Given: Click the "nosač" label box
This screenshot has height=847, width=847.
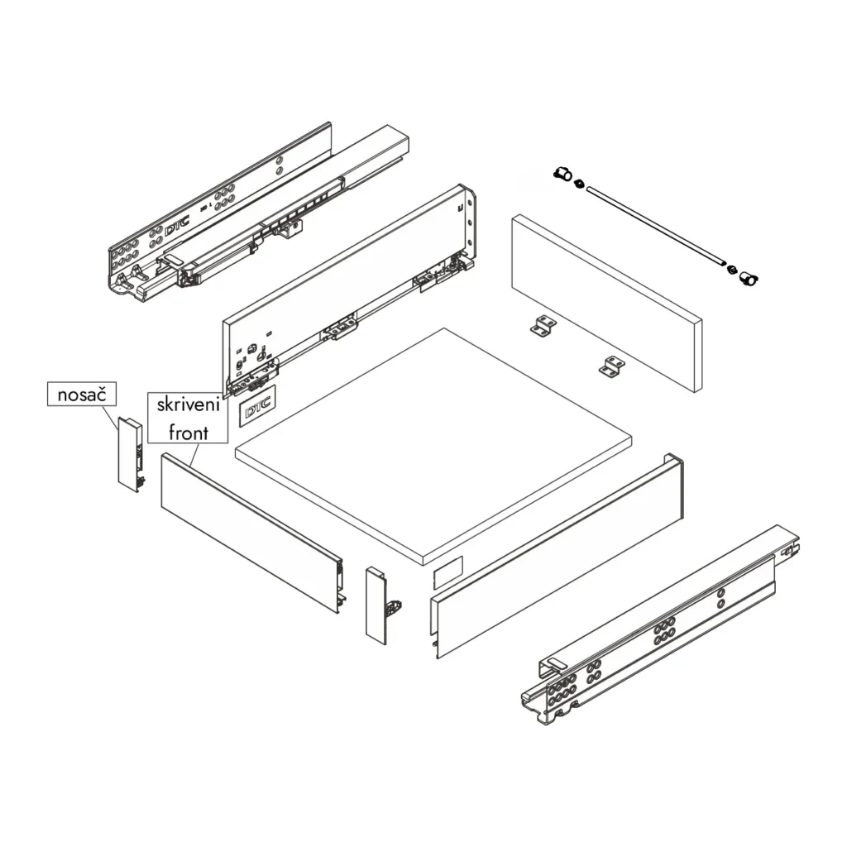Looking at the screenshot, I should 82,395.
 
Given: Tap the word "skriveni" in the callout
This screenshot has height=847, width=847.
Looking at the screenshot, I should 186,406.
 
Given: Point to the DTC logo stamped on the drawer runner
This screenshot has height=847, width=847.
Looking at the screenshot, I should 176,228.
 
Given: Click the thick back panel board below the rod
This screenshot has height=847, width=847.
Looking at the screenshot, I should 608,302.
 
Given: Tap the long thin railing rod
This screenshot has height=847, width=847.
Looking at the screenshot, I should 653,227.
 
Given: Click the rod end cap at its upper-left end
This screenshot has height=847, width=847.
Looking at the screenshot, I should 562,175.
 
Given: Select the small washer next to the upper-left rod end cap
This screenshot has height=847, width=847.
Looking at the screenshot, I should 578,182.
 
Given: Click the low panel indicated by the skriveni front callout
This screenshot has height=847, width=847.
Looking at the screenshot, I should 248,529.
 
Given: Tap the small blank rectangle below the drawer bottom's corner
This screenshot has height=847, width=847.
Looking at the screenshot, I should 447,572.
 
